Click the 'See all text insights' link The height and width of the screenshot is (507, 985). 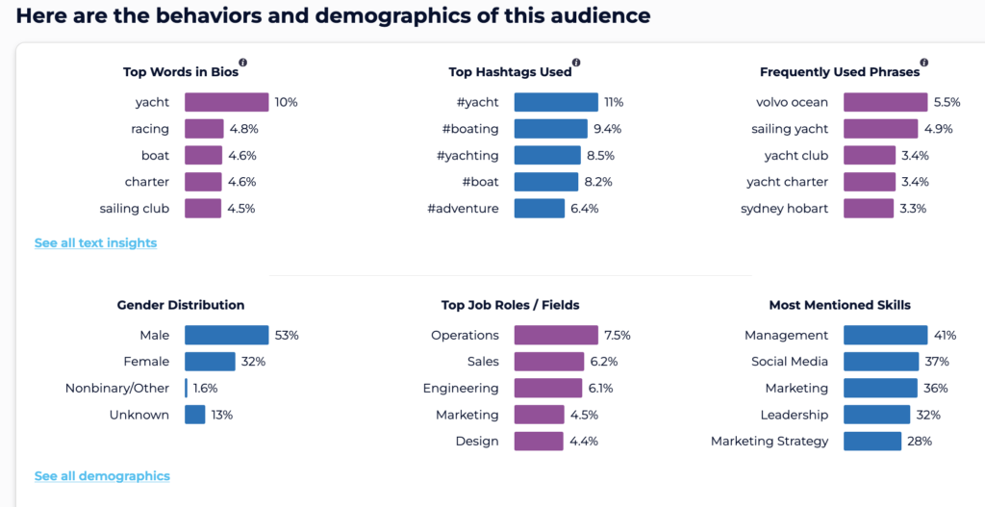tap(95, 243)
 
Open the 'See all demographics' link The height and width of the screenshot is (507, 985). tap(102, 476)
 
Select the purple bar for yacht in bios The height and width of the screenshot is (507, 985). tap(226, 102)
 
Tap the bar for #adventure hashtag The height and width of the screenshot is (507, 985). tap(539, 208)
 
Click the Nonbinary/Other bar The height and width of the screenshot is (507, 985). tap(187, 389)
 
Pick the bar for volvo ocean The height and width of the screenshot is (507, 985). tap(886, 102)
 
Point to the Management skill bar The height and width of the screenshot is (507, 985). tap(885, 335)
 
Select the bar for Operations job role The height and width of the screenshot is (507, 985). tap(555, 335)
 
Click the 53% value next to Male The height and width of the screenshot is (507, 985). tap(287, 336)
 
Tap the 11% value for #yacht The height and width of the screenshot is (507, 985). tap(614, 102)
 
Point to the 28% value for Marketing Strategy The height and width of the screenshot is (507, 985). tap(920, 442)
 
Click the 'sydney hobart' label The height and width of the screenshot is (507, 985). tap(784, 209)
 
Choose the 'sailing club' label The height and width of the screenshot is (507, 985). tap(134, 209)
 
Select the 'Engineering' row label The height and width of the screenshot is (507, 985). tap(461, 389)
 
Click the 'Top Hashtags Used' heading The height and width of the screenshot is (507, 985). tap(510, 72)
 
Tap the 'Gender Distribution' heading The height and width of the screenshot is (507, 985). tap(181, 305)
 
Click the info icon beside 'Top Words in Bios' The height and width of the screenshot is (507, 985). tap(243, 62)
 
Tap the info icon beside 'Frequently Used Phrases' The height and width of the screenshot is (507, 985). tap(924, 62)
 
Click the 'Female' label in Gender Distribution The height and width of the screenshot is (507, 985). tap(146, 362)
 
